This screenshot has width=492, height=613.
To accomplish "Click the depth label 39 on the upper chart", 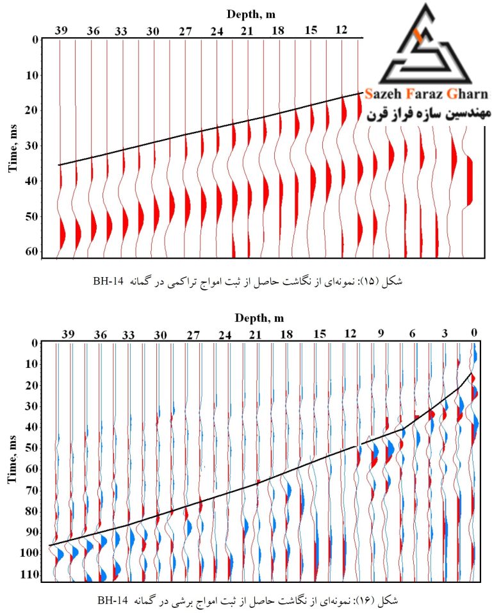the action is (x=61, y=31).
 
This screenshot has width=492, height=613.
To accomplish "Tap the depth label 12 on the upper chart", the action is (x=341, y=29).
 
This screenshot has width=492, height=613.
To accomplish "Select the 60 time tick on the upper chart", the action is (x=32, y=251).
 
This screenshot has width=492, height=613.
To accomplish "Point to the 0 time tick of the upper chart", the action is (x=35, y=40).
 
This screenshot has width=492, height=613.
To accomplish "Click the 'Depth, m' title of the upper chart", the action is (x=251, y=15).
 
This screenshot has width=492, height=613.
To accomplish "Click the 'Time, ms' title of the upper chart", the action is (x=13, y=148).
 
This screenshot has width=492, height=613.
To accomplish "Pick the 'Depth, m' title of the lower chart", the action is (x=259, y=318).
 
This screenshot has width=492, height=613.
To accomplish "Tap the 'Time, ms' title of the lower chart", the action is (x=13, y=459).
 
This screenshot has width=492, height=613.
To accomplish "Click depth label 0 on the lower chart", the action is (x=474, y=333).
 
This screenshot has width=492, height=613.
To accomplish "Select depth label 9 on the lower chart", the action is (x=381, y=333).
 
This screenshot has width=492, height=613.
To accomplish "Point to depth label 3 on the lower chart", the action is (x=444, y=333).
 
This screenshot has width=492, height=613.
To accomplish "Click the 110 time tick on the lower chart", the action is (x=29, y=575).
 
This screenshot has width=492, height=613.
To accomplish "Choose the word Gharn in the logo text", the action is (x=468, y=94).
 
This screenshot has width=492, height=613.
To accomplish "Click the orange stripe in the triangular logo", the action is (x=418, y=36).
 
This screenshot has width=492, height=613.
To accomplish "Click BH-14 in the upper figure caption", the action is (x=108, y=281).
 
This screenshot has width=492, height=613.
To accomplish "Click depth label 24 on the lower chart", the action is (x=225, y=335).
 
